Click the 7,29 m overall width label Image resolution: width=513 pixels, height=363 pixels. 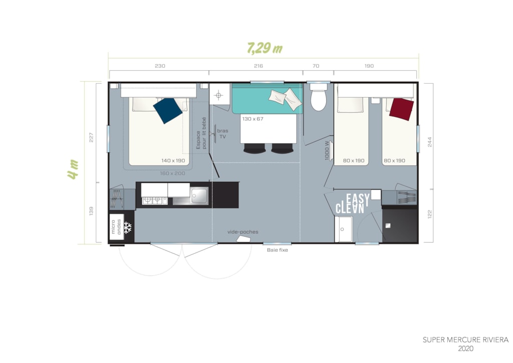(265, 48)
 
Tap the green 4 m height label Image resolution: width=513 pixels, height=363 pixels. (73, 169)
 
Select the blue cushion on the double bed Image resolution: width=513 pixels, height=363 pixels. (167, 111)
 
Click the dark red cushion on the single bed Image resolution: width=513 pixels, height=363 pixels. (401, 109)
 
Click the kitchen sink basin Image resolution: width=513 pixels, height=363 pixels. (199, 196)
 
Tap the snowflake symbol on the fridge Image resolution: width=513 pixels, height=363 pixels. (128, 227)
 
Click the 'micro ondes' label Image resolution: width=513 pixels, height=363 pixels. (116, 227)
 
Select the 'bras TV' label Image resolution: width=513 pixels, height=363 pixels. (222, 133)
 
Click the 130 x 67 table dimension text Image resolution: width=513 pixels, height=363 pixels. (252, 119)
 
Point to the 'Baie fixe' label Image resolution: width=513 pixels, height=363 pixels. (278, 250)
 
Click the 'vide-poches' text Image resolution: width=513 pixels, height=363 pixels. (243, 232)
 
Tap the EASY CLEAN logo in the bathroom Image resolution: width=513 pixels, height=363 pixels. (353, 204)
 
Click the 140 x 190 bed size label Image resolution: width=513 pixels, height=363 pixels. (173, 160)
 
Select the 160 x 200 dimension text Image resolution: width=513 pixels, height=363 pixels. (172, 173)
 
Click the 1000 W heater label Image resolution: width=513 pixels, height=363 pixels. (327, 150)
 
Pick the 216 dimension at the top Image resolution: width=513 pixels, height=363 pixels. (259, 66)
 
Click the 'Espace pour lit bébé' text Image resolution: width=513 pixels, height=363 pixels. (201, 133)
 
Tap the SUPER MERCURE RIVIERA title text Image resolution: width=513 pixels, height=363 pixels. (465, 340)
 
